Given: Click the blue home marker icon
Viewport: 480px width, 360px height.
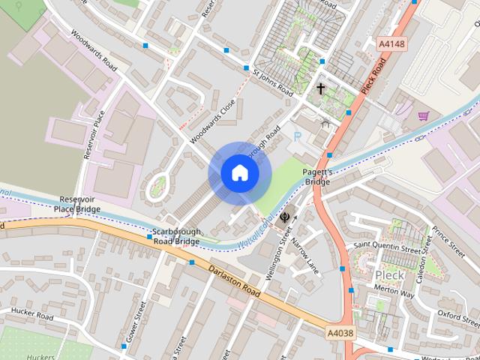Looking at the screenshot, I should (240, 173).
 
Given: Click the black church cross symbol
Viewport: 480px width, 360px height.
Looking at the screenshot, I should (320, 88).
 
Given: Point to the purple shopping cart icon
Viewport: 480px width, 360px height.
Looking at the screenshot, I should (424, 116).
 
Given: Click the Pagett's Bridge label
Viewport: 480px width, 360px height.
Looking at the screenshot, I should (316, 177).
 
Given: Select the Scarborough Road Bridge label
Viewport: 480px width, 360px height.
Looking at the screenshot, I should (177, 236).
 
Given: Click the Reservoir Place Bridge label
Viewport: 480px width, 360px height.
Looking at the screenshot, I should (77, 204).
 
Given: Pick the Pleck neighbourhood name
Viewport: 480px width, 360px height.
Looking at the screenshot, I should (389, 275).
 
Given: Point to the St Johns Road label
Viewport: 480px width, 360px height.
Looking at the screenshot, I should (272, 82).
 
